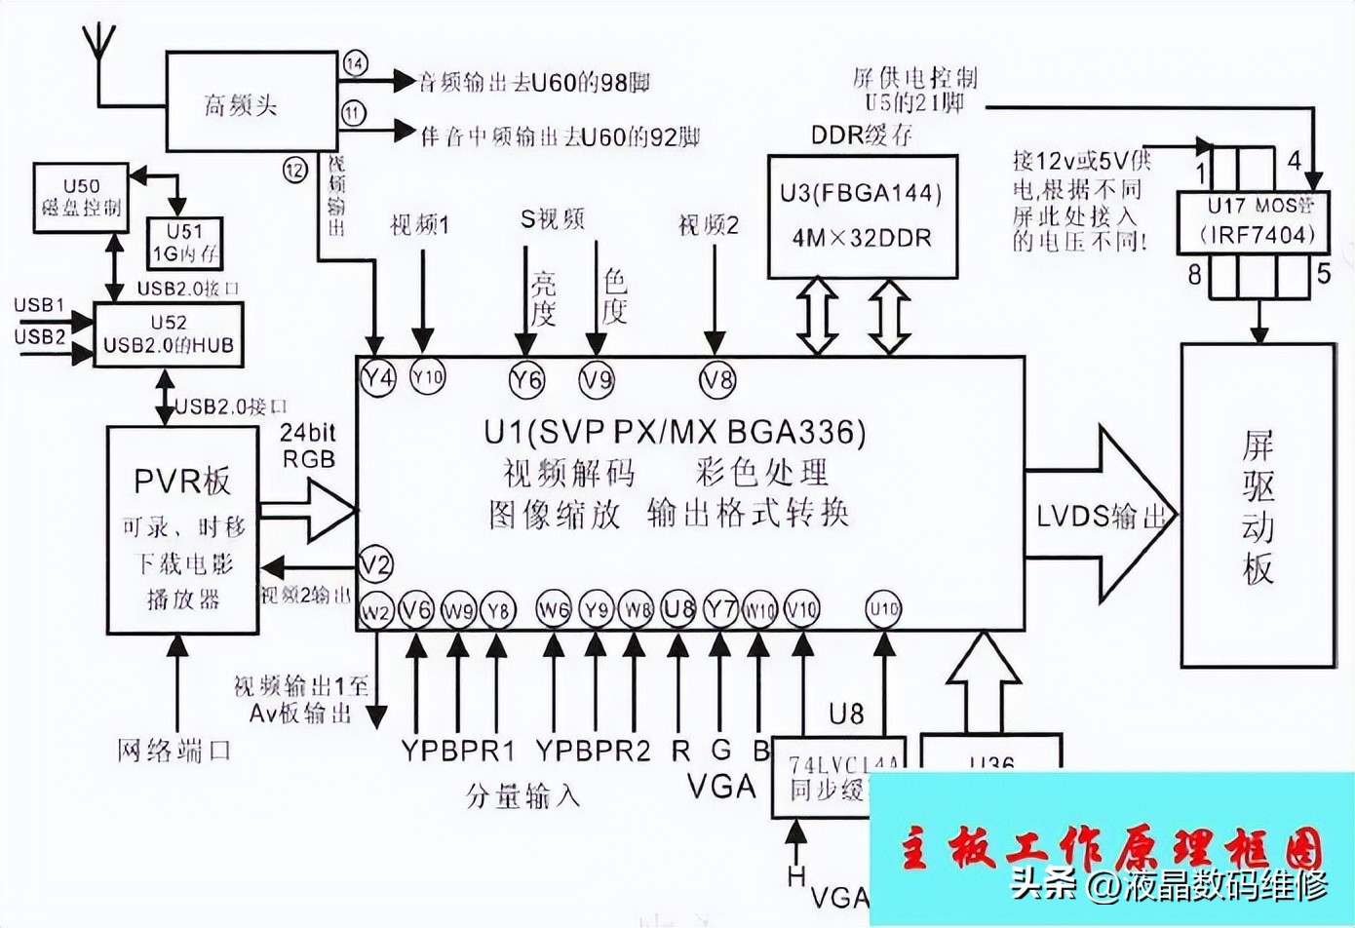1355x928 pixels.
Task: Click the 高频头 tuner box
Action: (240, 103)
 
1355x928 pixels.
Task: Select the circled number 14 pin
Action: (355, 64)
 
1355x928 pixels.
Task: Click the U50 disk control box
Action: (81, 197)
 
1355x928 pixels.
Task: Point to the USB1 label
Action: (39, 305)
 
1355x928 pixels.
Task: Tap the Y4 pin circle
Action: (377, 377)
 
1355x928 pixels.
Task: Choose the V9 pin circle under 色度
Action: (597, 378)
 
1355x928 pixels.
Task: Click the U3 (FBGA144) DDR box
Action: (862, 214)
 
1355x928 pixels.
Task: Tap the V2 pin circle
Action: (375, 564)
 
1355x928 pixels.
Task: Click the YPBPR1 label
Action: (457, 751)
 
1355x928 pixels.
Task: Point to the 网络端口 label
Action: (174, 750)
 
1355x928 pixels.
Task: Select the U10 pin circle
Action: (883, 609)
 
